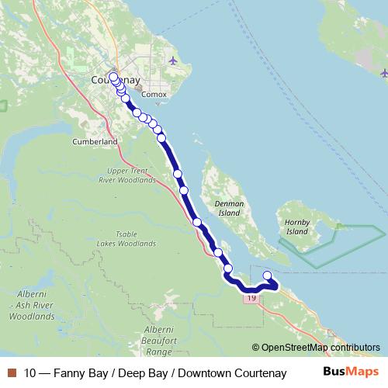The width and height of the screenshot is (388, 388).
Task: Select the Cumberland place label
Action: coord(95,142)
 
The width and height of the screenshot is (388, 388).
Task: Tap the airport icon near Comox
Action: coord(172,60)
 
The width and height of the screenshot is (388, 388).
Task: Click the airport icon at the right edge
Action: coord(384,74)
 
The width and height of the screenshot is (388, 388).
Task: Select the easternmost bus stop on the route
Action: coord(268,275)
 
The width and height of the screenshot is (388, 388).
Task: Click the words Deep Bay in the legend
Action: coord(139,373)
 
